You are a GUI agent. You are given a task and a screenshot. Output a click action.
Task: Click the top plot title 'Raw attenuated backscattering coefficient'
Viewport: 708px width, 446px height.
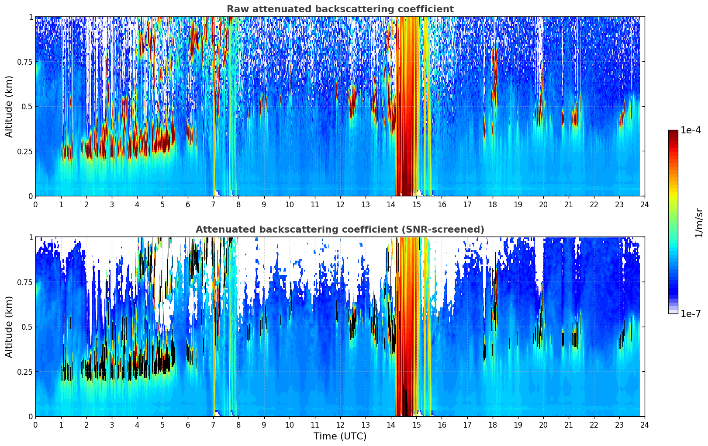(340, 9)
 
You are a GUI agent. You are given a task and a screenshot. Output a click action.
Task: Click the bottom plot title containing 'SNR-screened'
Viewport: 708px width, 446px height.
(340, 230)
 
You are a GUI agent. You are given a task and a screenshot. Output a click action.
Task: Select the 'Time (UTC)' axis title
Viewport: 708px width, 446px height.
(340, 436)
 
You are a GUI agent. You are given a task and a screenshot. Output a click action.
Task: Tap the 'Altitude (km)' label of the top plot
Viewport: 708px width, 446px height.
(9, 106)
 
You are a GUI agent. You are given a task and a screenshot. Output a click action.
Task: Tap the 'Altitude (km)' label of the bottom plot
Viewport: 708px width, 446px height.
(9, 327)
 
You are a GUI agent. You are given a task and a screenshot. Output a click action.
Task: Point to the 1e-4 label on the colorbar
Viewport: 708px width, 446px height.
(691, 131)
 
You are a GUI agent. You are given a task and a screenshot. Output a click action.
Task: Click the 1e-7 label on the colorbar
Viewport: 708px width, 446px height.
(691, 314)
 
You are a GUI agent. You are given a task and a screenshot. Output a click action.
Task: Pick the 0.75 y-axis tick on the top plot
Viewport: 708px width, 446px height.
(25, 62)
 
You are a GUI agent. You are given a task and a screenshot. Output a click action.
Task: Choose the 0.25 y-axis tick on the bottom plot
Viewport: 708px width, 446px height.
(25, 372)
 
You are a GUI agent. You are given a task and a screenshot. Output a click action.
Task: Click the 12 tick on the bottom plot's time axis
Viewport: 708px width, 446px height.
(340, 425)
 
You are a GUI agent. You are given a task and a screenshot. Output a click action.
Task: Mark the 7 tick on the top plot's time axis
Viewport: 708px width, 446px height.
(213, 205)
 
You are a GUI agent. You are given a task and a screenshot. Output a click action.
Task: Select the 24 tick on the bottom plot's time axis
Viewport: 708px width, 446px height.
(645, 425)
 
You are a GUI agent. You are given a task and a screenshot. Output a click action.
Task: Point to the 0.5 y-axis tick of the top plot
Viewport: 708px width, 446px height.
(28, 107)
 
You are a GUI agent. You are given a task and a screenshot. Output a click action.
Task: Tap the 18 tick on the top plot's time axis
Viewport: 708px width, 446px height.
(492, 205)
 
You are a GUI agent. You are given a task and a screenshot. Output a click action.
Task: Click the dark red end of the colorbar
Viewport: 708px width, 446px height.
(673, 132)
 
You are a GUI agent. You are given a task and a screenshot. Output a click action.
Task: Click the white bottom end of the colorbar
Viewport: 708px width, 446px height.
(673, 311)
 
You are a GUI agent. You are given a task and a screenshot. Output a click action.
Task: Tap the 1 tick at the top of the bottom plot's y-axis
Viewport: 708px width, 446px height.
(31, 237)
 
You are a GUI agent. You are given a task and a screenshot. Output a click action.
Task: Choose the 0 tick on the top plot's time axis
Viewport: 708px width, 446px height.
(35, 205)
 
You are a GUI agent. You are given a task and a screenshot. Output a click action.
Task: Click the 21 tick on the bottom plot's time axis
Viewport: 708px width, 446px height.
(569, 425)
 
